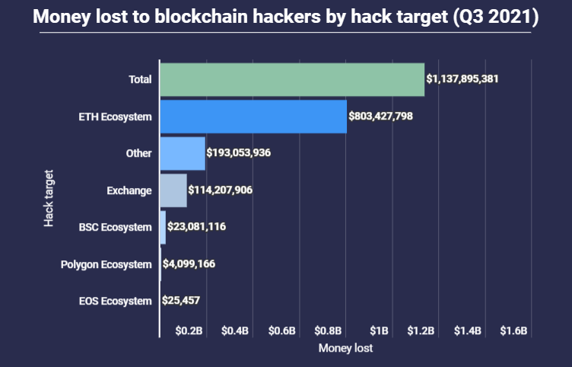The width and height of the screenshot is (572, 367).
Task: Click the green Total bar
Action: [292, 79]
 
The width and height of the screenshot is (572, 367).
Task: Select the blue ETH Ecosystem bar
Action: [253, 116]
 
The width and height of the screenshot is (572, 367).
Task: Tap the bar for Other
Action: [183, 153]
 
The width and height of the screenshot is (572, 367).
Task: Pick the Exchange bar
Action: [173, 190]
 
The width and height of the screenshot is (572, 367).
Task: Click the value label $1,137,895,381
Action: [462, 79]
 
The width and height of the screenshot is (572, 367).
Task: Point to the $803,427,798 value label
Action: [380, 116]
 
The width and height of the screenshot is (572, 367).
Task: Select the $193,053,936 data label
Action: [239, 153]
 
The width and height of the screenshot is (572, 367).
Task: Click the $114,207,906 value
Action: [221, 190]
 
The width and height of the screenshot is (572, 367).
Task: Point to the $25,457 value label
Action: [181, 300]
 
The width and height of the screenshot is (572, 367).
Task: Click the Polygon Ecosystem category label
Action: [106, 264]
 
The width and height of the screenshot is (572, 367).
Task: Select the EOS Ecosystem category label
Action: [116, 301]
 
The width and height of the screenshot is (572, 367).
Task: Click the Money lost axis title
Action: [346, 349]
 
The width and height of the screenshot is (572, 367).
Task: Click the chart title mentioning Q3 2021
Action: [286, 18]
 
